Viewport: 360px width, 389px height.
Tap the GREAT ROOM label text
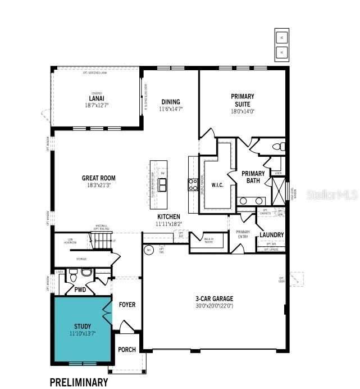click(x=99, y=178)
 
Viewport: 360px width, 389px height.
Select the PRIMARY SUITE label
click(x=243, y=100)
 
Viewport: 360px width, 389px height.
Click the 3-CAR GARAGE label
click(x=214, y=298)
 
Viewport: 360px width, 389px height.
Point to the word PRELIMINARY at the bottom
click(x=79, y=382)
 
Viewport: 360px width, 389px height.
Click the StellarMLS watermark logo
click(x=332, y=194)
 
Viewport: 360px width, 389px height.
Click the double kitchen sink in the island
click(x=162, y=185)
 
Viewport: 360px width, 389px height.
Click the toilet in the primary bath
click(x=276, y=147)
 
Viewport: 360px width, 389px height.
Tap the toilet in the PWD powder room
click(x=72, y=276)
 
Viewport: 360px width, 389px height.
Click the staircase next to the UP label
click(x=102, y=242)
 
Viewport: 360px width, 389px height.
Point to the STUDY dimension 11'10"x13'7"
click(x=83, y=334)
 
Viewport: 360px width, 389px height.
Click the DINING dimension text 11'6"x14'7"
click(x=171, y=109)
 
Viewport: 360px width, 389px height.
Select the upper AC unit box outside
click(x=282, y=38)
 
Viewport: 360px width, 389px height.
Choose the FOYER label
click(x=127, y=305)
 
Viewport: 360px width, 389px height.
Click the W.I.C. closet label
click(x=218, y=184)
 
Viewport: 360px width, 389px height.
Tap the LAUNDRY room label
click(x=271, y=234)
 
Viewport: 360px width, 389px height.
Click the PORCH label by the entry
click(x=127, y=350)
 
